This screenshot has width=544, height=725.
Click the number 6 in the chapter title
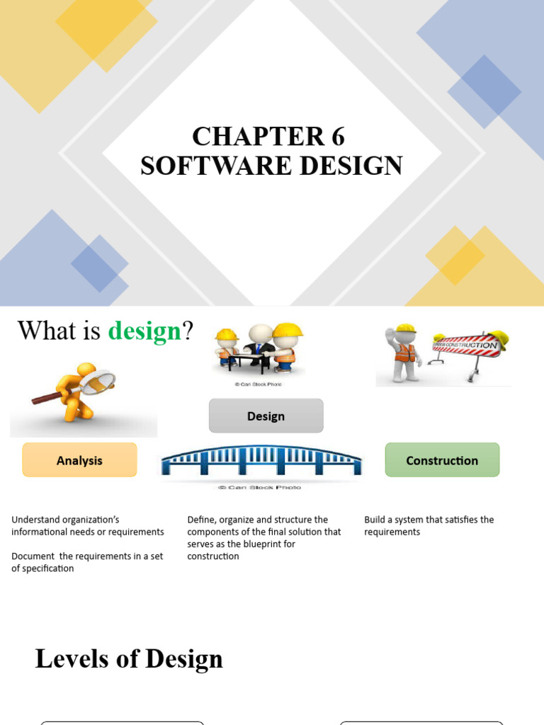[x=336, y=136]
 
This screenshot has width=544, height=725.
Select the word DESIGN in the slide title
[x=351, y=166]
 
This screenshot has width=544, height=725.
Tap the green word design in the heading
[x=144, y=331]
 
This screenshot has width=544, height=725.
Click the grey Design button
[x=266, y=416]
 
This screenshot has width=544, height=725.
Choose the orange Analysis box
[x=79, y=460]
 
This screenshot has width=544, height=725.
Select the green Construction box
[x=442, y=460]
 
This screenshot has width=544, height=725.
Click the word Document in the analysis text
[x=33, y=556]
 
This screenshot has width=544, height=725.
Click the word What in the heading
[x=45, y=331]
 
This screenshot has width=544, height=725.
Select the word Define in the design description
[x=202, y=520]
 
